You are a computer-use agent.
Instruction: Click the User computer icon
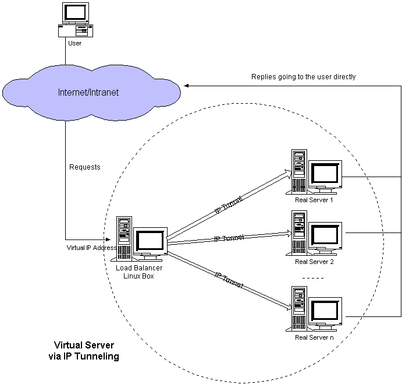tap(74, 19)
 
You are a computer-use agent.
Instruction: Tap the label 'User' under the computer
tap(74, 43)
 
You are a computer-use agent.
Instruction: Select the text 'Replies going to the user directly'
tap(303, 76)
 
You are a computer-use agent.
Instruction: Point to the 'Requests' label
tap(85, 167)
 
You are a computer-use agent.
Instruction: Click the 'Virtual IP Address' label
tap(92, 247)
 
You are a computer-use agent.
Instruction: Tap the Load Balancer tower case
tap(124, 238)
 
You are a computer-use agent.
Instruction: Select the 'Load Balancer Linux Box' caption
tap(138, 272)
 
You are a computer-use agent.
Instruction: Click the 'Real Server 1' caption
tap(314, 200)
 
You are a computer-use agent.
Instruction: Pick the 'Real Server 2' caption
tap(314, 262)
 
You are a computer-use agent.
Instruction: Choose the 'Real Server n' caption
tap(314, 337)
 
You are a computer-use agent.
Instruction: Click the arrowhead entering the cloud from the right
tap(187, 86)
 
